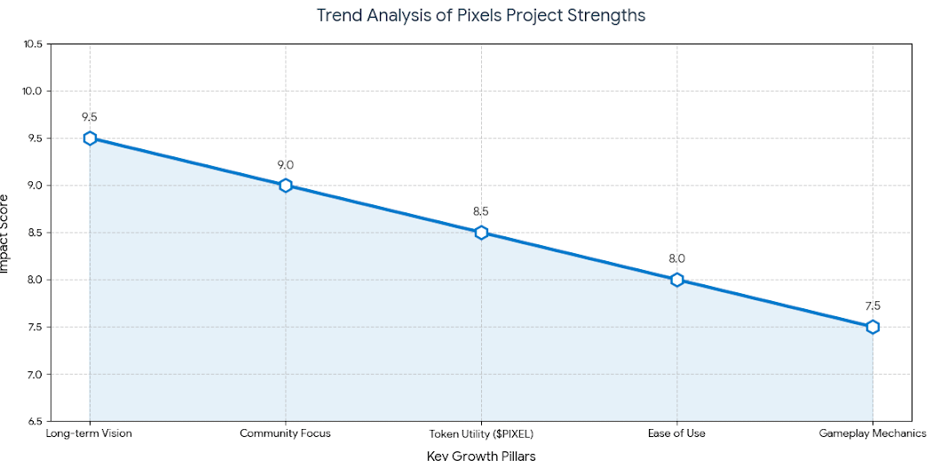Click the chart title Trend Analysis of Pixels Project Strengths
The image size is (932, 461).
click(481, 16)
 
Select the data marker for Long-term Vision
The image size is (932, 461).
click(90, 139)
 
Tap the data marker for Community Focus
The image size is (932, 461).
click(286, 186)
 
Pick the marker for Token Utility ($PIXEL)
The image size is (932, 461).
click(481, 233)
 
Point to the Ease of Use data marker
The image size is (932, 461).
click(677, 280)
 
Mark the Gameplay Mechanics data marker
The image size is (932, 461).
click(873, 327)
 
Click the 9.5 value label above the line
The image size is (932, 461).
click(90, 117)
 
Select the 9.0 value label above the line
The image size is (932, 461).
click(286, 164)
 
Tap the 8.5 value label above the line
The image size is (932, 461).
click(481, 211)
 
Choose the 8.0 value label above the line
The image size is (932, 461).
click(677, 258)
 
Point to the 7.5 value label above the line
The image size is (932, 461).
click(873, 306)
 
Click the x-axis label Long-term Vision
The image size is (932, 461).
click(89, 433)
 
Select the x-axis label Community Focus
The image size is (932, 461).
click(286, 433)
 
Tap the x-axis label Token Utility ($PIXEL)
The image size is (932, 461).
click(481, 433)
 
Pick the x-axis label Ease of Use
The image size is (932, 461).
click(677, 433)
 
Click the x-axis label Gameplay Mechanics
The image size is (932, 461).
click(873, 433)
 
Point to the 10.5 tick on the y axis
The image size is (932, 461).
click(33, 44)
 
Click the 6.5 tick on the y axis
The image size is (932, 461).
click(36, 421)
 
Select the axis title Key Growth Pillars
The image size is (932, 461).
click(481, 455)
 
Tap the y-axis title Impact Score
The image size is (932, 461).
click(4, 233)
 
